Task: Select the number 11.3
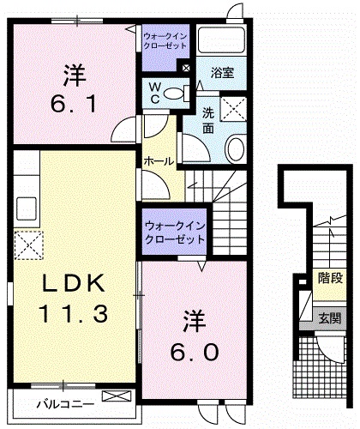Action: pos(73,314)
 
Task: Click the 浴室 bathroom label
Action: pos(223,73)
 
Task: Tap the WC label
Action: pos(156,92)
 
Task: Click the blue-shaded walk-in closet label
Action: pos(174,231)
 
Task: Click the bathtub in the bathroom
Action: pos(222,42)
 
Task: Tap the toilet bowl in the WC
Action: pos(174,94)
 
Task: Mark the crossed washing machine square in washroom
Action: pos(233,108)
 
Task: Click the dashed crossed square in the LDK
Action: pos(31,245)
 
